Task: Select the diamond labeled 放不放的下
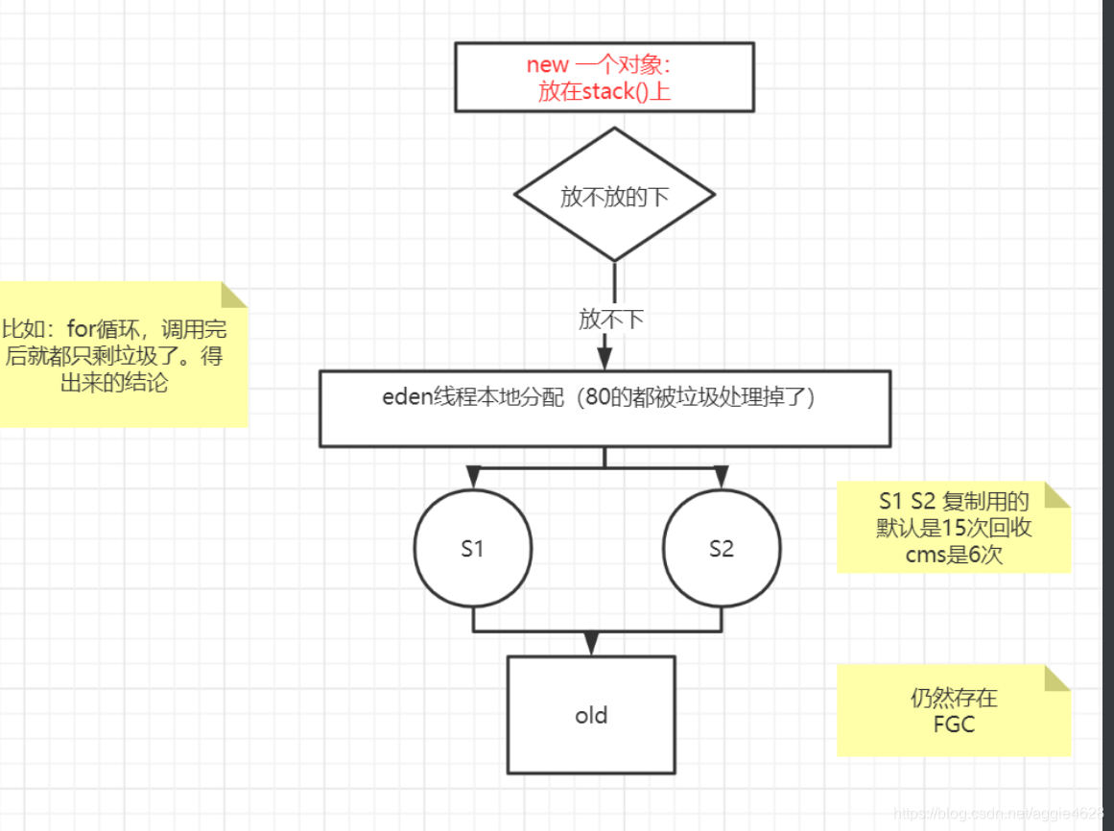click(614, 196)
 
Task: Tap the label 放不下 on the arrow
click(611, 320)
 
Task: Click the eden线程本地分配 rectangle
click(604, 409)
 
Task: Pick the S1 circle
click(472, 549)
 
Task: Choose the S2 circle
click(722, 549)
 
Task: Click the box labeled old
click(591, 715)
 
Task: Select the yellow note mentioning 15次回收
click(952, 527)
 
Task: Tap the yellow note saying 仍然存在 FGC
click(953, 710)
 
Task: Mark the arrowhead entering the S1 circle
click(472, 477)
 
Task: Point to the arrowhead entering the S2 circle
click(722, 477)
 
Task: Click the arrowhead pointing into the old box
click(591, 644)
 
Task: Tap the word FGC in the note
click(954, 724)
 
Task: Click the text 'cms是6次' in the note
click(954, 554)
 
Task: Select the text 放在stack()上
click(604, 92)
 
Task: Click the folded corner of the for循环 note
click(235, 294)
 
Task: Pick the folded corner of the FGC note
click(1057, 677)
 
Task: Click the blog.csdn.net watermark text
click(999, 812)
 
